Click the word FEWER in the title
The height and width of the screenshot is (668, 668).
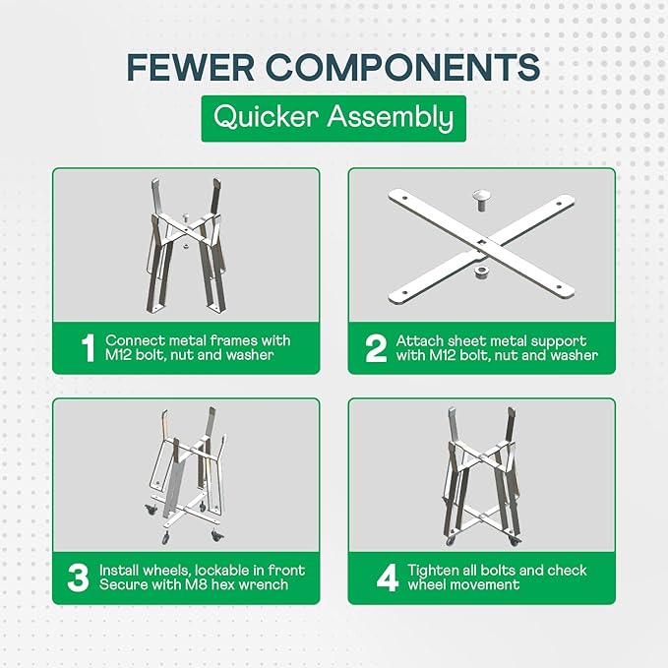point(191,67)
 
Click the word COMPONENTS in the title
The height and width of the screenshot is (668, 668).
point(403,67)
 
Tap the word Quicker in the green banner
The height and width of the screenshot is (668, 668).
point(267,117)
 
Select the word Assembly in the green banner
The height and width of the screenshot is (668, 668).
point(391,118)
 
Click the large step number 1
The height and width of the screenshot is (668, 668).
point(89,348)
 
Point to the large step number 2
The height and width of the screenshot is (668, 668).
point(376,348)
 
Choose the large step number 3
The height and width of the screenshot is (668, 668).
point(78,577)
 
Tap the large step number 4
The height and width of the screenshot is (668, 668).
point(388,577)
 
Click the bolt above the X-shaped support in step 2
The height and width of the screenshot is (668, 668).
point(481,201)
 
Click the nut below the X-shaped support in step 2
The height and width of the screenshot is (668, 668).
point(480,273)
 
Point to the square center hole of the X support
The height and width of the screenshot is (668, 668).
point(482,243)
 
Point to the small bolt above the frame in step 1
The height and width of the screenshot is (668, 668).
point(185,217)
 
